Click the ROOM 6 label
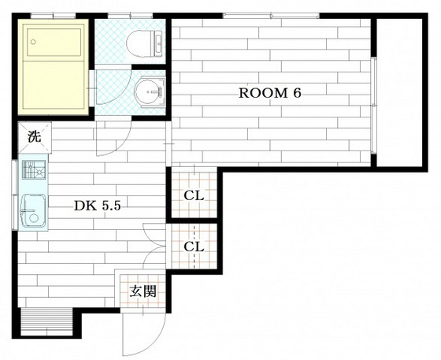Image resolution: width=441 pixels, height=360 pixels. tap(269, 93)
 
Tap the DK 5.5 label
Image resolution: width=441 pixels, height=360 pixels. tap(98, 206)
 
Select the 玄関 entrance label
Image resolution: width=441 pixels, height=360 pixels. tap(143, 291)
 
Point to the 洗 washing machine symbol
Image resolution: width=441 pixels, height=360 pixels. tap(35, 137)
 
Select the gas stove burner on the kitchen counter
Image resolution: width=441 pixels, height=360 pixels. tap(34, 169)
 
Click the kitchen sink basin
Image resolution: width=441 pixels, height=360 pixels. tap(34, 210)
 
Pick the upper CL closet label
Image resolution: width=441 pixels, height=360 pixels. tap(194, 195)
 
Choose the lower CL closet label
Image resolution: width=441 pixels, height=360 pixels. tap(194, 247)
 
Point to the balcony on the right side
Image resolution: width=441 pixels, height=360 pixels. tap(400, 92)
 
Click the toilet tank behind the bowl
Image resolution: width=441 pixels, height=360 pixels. tap(158, 44)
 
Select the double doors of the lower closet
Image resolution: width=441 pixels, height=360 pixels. tap(154, 246)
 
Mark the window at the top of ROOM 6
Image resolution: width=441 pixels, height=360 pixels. tap(271, 16)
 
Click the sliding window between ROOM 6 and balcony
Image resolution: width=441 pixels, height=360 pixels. tap(373, 106)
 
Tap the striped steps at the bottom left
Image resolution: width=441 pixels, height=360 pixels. tap(47, 321)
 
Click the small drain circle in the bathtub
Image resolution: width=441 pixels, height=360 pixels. tap(33, 43)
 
